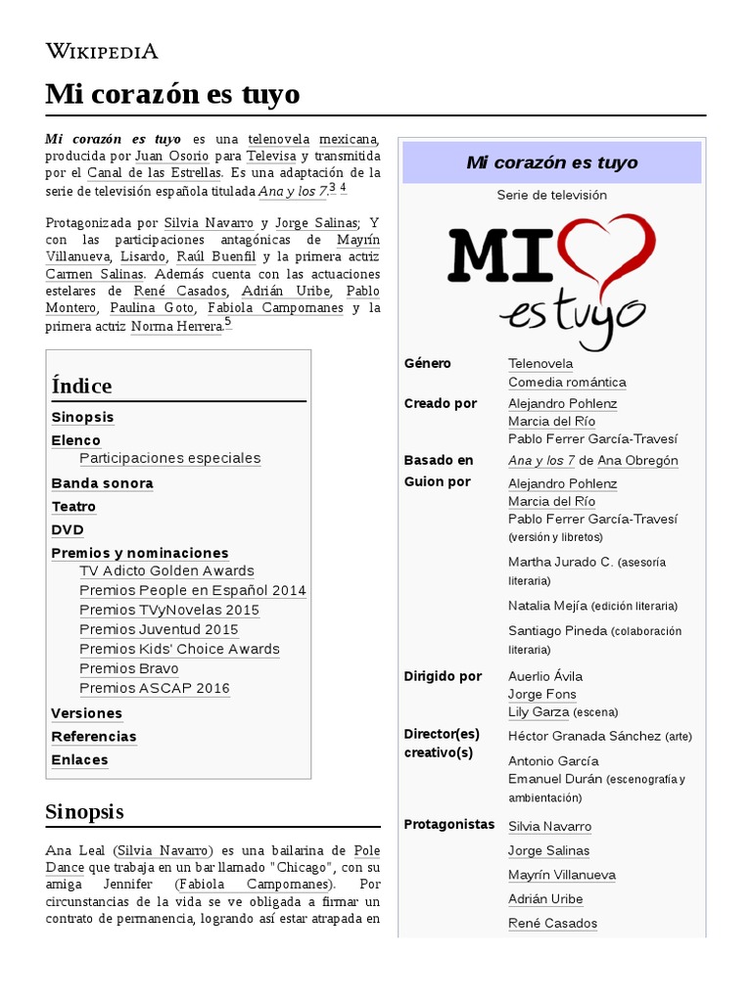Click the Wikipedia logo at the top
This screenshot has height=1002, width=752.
click(x=102, y=51)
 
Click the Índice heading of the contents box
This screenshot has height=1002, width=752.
click(x=81, y=386)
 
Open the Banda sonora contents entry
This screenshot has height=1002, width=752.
click(x=102, y=483)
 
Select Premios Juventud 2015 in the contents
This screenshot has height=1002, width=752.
click(x=159, y=629)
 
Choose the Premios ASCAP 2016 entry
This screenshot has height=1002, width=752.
click(x=155, y=688)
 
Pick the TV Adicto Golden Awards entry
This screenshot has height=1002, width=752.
click(x=166, y=570)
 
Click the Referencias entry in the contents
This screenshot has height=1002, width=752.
click(x=94, y=737)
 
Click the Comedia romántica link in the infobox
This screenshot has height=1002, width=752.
click(x=567, y=383)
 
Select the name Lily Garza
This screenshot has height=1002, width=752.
click(x=539, y=712)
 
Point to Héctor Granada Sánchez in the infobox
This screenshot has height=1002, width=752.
click(x=585, y=736)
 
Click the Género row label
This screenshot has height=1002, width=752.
click(x=428, y=364)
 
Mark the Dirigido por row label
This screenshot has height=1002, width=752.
click(x=443, y=676)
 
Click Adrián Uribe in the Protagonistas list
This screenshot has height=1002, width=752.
click(x=545, y=899)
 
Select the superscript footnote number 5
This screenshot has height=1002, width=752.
click(x=227, y=322)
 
